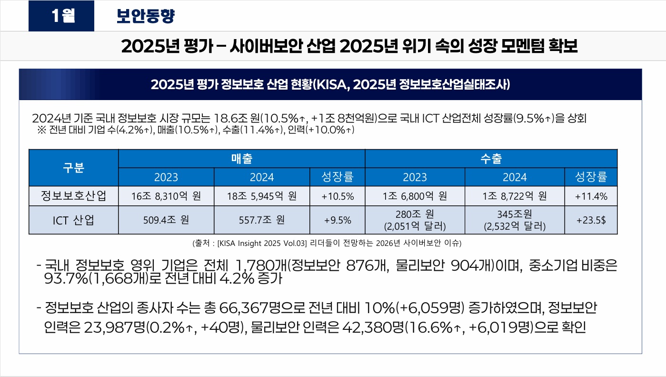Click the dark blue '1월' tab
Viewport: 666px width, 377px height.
point(61,16)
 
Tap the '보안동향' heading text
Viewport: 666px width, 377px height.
point(146,16)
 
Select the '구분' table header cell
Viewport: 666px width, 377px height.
point(73,167)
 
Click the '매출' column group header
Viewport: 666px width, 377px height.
point(241,158)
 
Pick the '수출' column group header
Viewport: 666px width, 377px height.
point(491,158)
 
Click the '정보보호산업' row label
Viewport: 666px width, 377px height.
point(73,196)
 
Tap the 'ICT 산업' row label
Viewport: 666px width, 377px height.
point(73,220)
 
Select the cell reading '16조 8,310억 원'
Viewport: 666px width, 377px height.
point(166,196)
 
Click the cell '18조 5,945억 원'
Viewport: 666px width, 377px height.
point(261,196)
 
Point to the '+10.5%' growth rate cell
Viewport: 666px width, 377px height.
point(338,196)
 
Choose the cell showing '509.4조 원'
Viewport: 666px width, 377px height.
point(166,220)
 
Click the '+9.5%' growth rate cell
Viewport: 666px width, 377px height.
point(338,220)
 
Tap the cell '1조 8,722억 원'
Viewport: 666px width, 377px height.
point(514,196)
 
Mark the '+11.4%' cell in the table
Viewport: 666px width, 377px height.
point(591,196)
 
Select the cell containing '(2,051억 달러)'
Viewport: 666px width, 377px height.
point(415,225)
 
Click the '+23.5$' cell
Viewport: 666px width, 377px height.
point(591,220)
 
